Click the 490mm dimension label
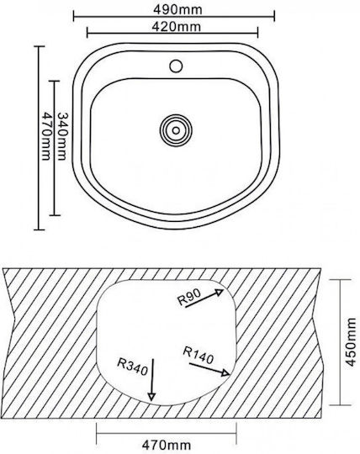tap(177, 10)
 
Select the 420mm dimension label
tap(176, 27)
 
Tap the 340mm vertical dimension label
tap(62, 136)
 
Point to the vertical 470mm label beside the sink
tap(46, 136)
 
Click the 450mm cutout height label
tap(351, 342)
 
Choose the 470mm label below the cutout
tap(167, 445)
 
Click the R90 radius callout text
tap(189, 298)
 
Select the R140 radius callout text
tap(199, 356)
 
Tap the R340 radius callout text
tap(133, 367)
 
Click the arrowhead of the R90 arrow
tap(220, 292)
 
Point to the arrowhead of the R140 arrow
tap(226, 372)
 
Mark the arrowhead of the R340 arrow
tap(151, 397)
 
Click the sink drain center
tap(176, 130)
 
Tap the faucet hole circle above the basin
tap(176, 66)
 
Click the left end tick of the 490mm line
tap(74, 16)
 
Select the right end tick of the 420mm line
tap(257, 33)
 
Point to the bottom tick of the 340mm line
tap(55, 215)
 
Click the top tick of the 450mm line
tap(341, 280)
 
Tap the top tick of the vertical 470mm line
tap(39, 46)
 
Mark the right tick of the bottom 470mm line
tap(236, 434)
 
